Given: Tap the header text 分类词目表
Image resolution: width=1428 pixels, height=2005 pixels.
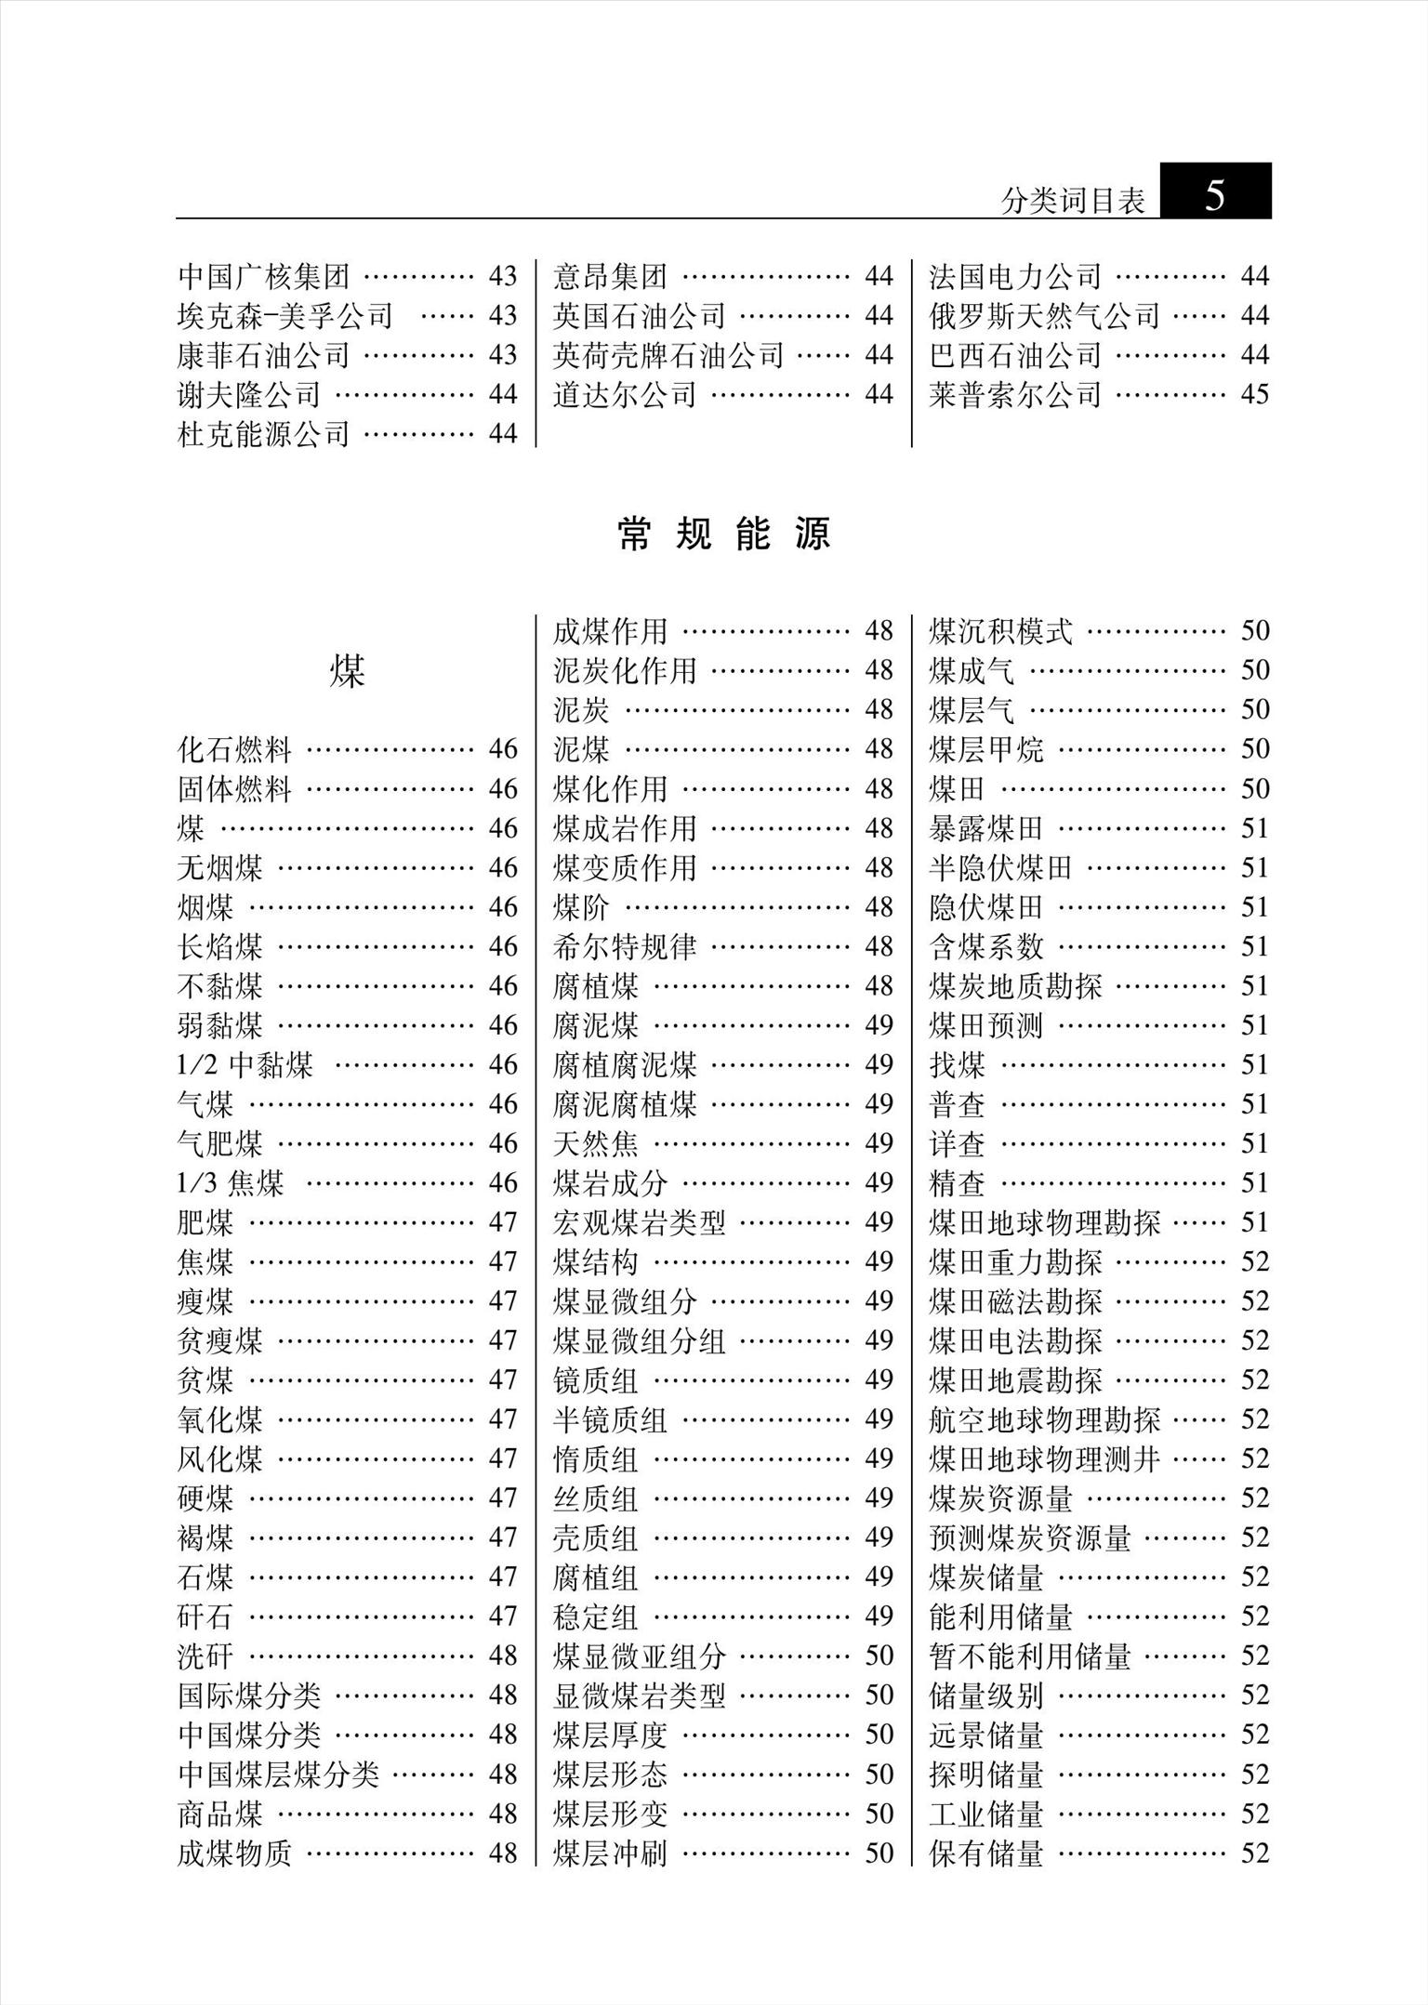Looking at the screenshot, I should pyautogui.click(x=1073, y=201).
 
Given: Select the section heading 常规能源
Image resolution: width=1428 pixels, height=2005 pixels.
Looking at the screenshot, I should pyautogui.click(x=723, y=534).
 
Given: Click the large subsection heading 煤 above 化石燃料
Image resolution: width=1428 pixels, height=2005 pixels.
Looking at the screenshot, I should pyautogui.click(x=347, y=671).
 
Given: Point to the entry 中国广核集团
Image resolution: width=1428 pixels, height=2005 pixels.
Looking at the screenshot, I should pyautogui.click(x=264, y=276).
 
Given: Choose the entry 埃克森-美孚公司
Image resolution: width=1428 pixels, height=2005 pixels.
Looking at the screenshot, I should pyautogui.click(x=285, y=316).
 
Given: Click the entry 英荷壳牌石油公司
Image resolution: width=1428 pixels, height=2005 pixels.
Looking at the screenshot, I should pyautogui.click(x=668, y=355).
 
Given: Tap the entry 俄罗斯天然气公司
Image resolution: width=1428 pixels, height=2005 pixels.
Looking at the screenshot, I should pyautogui.click(x=1044, y=316).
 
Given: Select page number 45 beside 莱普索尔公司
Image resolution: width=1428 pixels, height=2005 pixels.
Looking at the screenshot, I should pyautogui.click(x=1254, y=394).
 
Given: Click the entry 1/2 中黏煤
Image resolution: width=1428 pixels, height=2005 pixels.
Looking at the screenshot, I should pyautogui.click(x=245, y=1064).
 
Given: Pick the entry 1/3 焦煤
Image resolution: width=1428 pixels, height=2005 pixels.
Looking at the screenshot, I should pyautogui.click(x=231, y=1182).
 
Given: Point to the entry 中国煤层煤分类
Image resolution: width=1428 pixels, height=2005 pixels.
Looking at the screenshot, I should pyautogui.click(x=278, y=1774).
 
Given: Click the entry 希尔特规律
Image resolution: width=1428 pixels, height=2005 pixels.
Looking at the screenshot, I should pyautogui.click(x=625, y=946).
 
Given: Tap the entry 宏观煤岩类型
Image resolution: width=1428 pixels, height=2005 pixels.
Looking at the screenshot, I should pyautogui.click(x=639, y=1222).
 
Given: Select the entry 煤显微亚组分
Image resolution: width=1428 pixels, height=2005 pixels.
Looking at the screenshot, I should pyautogui.click(x=639, y=1655).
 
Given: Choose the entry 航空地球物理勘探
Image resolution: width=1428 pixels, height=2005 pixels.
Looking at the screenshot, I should pyautogui.click(x=1044, y=1419).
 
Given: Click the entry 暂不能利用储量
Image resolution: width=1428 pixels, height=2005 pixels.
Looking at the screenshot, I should pyautogui.click(x=1030, y=1655).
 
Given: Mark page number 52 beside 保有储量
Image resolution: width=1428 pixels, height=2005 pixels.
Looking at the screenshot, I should pyautogui.click(x=1254, y=1853).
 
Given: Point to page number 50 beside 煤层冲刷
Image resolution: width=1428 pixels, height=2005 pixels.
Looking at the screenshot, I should pyautogui.click(x=879, y=1853).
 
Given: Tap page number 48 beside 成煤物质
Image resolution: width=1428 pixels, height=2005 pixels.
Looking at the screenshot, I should pyautogui.click(x=503, y=1853).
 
